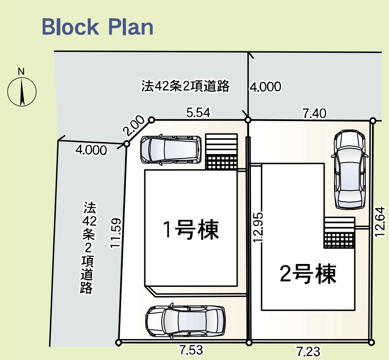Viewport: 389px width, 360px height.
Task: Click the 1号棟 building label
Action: point(191,230)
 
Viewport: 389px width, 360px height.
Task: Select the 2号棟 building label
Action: point(308,274)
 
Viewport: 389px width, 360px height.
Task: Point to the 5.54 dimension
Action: point(198,113)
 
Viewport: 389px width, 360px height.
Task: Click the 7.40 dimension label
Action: point(314,113)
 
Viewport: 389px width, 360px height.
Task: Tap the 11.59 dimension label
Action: point(116,232)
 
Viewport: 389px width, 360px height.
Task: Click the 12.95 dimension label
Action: point(258,227)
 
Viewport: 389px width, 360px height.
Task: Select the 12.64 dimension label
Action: point(380,222)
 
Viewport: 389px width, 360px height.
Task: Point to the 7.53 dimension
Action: point(191,350)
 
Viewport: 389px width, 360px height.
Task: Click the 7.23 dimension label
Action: point(308,352)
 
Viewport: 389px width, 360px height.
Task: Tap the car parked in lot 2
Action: point(350,170)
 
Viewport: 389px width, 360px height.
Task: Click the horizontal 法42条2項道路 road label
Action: point(185,86)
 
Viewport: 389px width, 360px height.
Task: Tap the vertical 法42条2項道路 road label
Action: point(88,247)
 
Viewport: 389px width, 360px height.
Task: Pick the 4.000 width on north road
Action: point(265,87)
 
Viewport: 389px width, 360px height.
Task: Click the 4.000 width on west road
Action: point(91,150)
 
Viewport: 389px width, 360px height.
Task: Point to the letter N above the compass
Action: point(21,72)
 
